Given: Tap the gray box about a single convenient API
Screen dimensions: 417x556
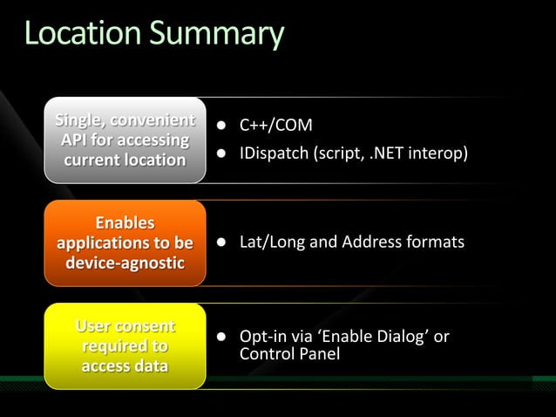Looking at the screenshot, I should click(x=125, y=140).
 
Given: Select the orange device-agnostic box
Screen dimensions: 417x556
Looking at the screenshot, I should click(x=125, y=243).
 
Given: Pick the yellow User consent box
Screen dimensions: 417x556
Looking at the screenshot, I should click(x=125, y=346).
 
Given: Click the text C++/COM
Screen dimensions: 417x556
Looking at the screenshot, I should click(x=276, y=126).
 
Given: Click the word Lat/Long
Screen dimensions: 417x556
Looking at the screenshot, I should click(x=273, y=242).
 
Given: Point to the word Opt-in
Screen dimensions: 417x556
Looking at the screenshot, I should click(x=261, y=338).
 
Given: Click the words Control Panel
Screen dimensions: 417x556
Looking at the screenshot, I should click(x=289, y=354).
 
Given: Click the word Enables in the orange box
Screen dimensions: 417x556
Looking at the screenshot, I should click(x=125, y=223).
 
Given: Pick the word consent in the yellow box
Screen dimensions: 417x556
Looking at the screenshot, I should click(x=147, y=327).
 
